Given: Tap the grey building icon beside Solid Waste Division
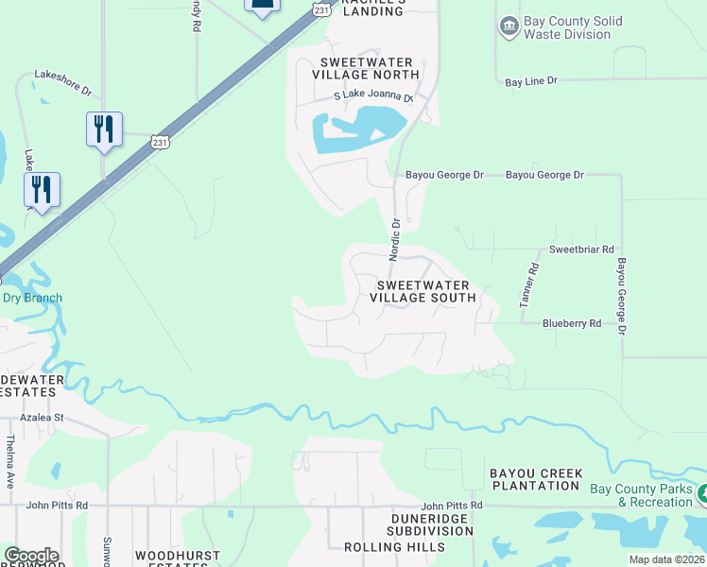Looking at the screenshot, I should click(x=509, y=26).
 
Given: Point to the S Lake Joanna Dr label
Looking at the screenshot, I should click(x=374, y=97).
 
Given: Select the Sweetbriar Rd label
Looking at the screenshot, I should click(x=582, y=249).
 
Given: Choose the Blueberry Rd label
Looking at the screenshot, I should click(x=572, y=323).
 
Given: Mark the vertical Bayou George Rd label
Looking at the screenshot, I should click(x=622, y=297).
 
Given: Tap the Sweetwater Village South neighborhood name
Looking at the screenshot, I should click(x=422, y=291).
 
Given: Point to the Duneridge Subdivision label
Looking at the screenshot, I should click(x=430, y=524).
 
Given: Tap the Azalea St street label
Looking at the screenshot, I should click(x=43, y=417).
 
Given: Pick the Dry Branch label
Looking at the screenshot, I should click(x=32, y=298).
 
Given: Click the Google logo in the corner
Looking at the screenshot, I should click(x=31, y=556).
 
